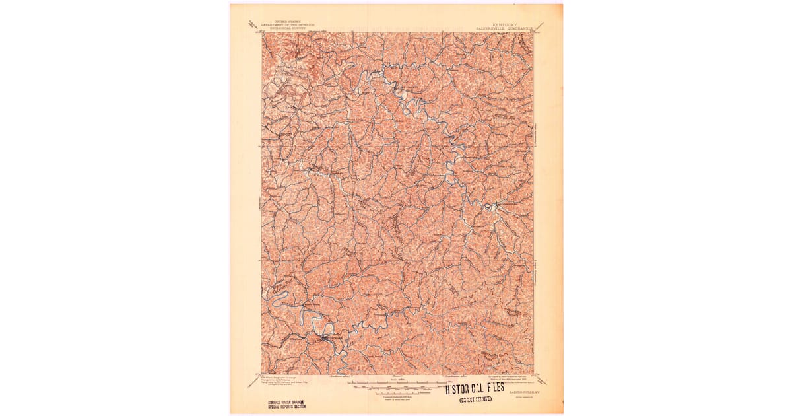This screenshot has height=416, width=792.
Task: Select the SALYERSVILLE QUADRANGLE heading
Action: click(x=505, y=29)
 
